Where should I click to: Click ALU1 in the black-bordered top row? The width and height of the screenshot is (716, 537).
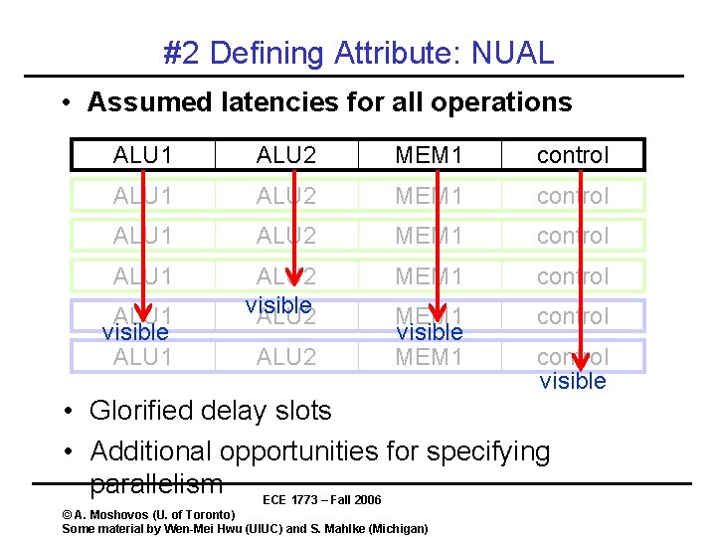coord(142,155)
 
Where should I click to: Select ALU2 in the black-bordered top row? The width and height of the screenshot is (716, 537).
coord(285,155)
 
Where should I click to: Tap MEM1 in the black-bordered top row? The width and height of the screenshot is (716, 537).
coord(429,155)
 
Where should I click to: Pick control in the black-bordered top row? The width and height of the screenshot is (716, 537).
coord(573,155)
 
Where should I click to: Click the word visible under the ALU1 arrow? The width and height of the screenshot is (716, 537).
coord(135,332)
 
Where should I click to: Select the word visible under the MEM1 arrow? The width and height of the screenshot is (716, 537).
coord(430,331)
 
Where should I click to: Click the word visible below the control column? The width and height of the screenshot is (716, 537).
coord(573,381)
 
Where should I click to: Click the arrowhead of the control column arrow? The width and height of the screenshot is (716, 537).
coord(581,361)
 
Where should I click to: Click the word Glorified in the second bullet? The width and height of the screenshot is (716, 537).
coord(146,410)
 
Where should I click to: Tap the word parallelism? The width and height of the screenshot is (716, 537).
coord(155,484)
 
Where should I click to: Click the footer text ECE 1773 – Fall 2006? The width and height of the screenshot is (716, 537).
coord(322,499)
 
